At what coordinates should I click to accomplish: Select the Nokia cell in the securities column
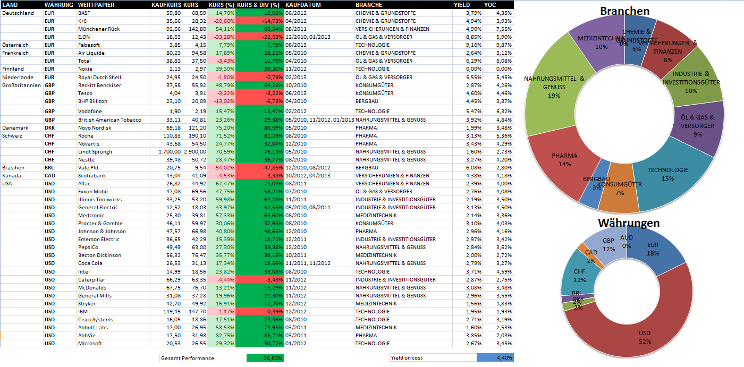coord(85,69)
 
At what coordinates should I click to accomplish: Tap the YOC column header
coord(490,4)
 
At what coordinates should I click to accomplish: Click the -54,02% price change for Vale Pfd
coord(223,168)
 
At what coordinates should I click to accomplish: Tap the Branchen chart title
coord(624,11)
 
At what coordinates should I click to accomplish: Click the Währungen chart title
coord(629,223)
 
